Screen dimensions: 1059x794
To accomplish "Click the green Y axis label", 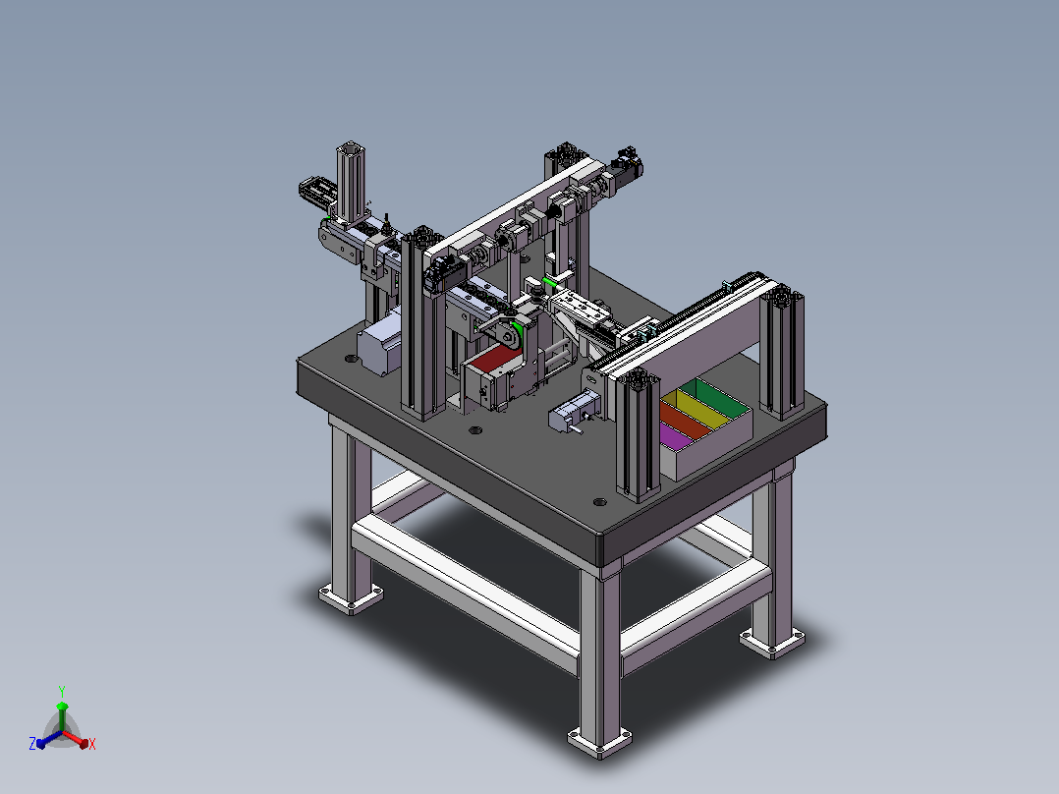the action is (62, 692).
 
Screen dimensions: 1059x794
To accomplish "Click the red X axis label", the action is (92, 744).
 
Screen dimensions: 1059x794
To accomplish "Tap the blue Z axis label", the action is (32, 743).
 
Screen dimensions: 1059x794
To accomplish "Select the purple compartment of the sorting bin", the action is (676, 436).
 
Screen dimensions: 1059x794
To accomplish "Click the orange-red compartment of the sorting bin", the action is (686, 420).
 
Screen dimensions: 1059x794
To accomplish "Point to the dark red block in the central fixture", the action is (495, 358).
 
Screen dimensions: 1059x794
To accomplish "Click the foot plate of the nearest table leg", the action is (599, 742).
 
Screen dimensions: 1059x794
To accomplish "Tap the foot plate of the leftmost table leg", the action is (351, 598).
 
